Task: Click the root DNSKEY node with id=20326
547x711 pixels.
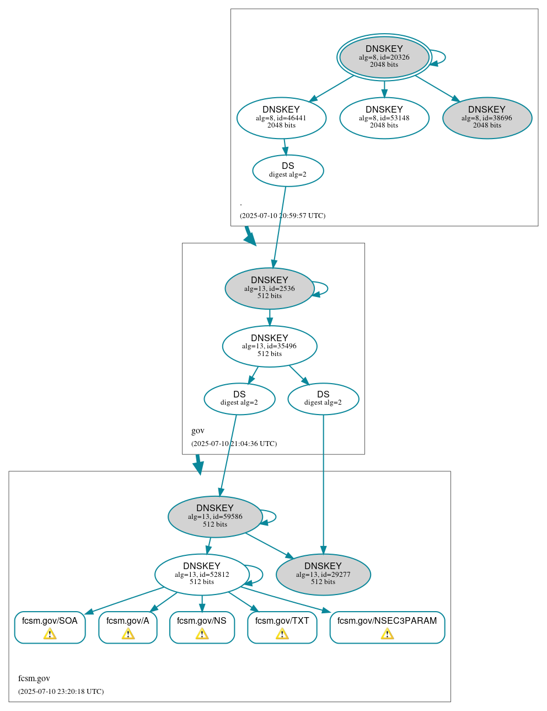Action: [x=384, y=57]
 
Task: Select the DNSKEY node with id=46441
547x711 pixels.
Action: [x=281, y=118]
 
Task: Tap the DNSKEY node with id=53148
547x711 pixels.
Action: [x=384, y=118]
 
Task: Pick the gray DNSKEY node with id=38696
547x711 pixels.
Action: [x=487, y=118]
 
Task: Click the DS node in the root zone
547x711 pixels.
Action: [x=288, y=170]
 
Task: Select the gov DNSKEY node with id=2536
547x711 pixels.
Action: [x=270, y=288]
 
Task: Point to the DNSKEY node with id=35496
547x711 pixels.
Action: [x=270, y=346]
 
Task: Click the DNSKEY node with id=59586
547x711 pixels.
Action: [x=215, y=517]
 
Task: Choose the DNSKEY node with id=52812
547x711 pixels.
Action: [x=202, y=574]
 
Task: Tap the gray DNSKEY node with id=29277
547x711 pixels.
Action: [x=323, y=574]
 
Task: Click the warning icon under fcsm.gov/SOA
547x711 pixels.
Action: [x=50, y=634]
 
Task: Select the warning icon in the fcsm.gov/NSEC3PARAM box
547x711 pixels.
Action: [x=387, y=634]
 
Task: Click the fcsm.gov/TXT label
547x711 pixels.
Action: [x=282, y=621]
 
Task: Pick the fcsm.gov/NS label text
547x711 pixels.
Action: [x=202, y=621]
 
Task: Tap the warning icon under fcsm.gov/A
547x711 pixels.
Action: [x=128, y=634]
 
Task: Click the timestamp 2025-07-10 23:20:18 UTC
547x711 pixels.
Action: [x=61, y=692]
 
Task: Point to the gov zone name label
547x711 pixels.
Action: [x=197, y=431]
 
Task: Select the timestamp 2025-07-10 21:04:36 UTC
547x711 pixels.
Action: [x=234, y=444]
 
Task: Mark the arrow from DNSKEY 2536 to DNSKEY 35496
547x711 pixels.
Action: [x=270, y=317]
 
